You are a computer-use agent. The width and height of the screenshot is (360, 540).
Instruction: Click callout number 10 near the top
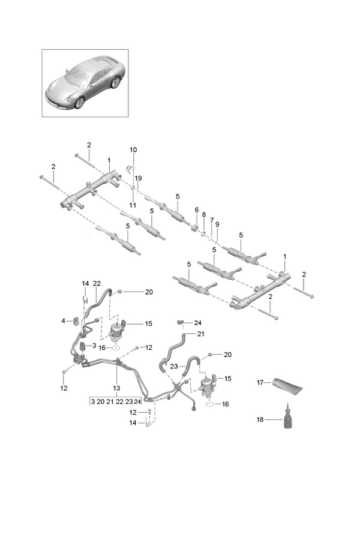(133, 150)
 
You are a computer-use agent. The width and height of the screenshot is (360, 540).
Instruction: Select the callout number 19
(138, 178)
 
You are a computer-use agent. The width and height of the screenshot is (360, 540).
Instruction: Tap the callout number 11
(133, 205)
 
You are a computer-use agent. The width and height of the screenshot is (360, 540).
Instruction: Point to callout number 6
(197, 210)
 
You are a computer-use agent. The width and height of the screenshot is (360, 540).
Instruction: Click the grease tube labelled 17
(287, 386)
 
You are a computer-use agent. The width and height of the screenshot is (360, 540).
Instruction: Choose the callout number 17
(260, 382)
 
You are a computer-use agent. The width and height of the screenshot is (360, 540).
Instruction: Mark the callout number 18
(260, 419)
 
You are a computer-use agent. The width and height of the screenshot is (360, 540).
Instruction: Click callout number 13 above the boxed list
(116, 388)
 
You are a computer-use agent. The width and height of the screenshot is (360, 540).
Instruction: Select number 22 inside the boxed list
(119, 401)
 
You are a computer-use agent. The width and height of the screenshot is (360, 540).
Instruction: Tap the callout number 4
(64, 321)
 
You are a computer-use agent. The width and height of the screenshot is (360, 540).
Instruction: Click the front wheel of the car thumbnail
(80, 102)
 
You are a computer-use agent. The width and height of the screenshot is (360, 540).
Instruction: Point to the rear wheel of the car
(115, 82)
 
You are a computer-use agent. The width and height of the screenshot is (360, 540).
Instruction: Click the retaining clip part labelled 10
(130, 169)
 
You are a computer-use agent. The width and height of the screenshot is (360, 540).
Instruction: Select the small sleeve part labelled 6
(194, 228)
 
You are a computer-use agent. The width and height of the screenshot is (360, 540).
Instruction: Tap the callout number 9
(217, 224)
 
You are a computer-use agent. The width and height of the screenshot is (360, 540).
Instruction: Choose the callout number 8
(204, 215)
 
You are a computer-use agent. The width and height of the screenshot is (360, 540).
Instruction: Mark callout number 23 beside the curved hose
(174, 367)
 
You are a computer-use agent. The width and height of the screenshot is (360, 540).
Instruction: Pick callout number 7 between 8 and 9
(212, 220)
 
